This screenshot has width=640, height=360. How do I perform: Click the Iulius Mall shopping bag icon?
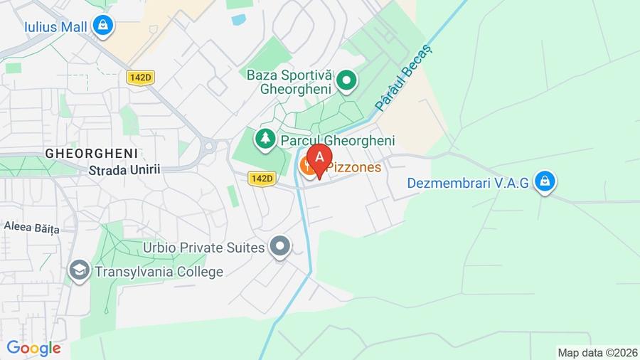(104, 26)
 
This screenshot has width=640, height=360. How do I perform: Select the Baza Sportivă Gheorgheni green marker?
(346, 80)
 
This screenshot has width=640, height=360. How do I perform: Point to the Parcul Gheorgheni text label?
(338, 141)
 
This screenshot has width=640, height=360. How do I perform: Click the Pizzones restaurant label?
(353, 169)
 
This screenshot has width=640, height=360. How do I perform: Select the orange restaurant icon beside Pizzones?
(308, 167)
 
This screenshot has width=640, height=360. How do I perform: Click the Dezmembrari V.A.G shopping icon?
(545, 181)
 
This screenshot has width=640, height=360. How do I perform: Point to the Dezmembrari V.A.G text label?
(468, 183)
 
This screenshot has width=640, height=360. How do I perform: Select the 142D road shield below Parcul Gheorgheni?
(262, 179)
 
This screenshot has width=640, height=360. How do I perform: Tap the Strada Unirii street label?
(124, 170)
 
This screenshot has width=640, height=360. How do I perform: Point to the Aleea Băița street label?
(31, 227)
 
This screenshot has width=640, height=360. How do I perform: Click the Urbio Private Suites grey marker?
(281, 247)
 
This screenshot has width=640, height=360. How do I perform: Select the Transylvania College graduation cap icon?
(79, 271)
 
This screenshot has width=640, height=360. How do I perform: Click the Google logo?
(33, 348)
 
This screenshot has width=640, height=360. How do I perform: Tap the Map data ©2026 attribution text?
(596, 352)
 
